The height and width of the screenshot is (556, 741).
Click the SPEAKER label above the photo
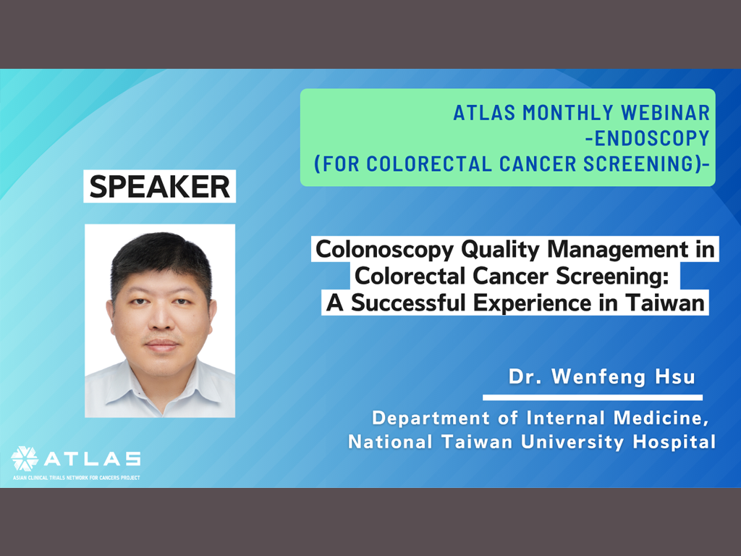[160, 186]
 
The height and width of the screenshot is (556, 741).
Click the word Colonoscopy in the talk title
[385, 250]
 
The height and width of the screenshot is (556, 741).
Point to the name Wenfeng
[598, 376]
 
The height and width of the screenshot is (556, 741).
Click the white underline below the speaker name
[593, 397]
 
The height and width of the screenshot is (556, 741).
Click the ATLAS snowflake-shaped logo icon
[25, 458]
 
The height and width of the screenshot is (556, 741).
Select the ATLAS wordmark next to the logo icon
[93, 458]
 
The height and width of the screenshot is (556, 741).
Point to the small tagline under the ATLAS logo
[77, 478]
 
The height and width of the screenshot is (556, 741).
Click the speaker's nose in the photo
[161, 318]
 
